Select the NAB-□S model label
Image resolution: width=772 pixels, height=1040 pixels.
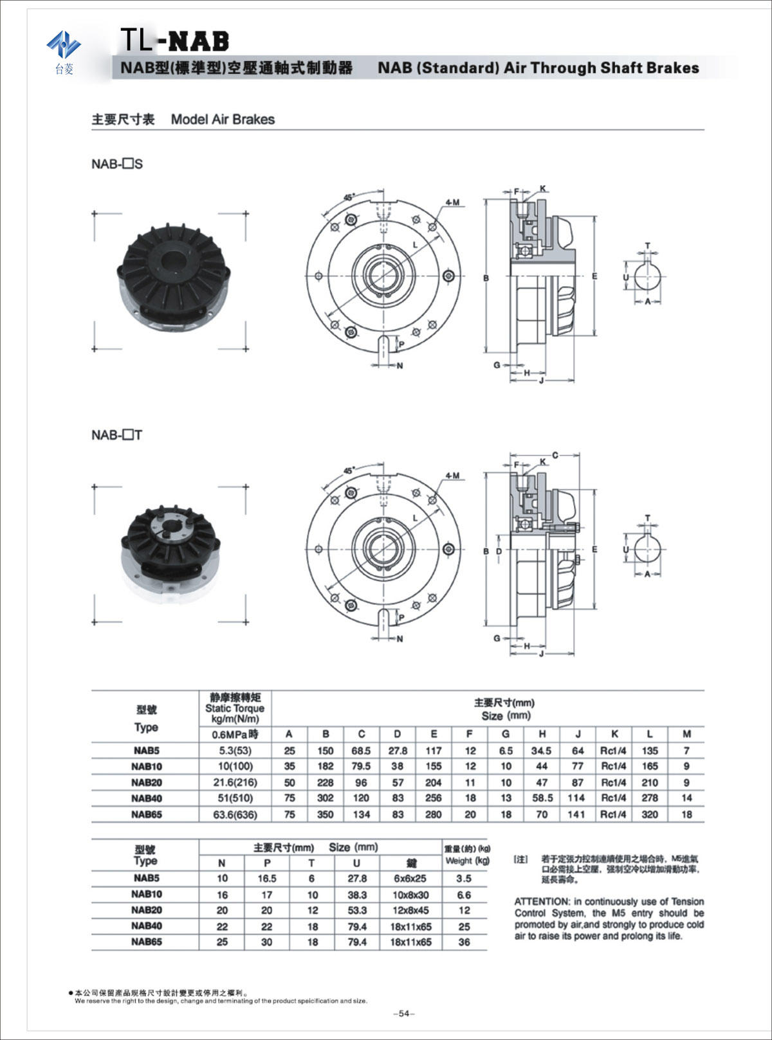point(117,164)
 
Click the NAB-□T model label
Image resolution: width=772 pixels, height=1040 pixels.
point(116,435)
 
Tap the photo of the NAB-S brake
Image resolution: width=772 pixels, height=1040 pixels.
point(170,280)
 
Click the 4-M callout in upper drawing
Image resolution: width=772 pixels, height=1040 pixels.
point(452,202)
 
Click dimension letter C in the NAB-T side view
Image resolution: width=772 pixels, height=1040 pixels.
point(555,455)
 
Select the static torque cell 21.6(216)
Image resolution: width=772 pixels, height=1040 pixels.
point(235,782)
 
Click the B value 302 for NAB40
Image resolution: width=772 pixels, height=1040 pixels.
point(326,798)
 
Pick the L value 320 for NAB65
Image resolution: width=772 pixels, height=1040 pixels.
point(650,814)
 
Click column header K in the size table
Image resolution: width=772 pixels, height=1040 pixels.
point(614,734)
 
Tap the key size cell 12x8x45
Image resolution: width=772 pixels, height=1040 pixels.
point(410,910)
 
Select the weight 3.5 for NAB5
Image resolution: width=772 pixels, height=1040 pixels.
point(464,878)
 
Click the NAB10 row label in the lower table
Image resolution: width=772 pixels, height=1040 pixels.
point(147,894)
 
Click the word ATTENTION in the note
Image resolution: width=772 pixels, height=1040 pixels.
point(542,902)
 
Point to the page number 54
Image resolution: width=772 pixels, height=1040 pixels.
point(403,1014)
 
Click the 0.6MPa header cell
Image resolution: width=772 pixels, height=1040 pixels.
point(235,734)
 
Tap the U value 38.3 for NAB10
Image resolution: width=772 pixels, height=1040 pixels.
point(356,895)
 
